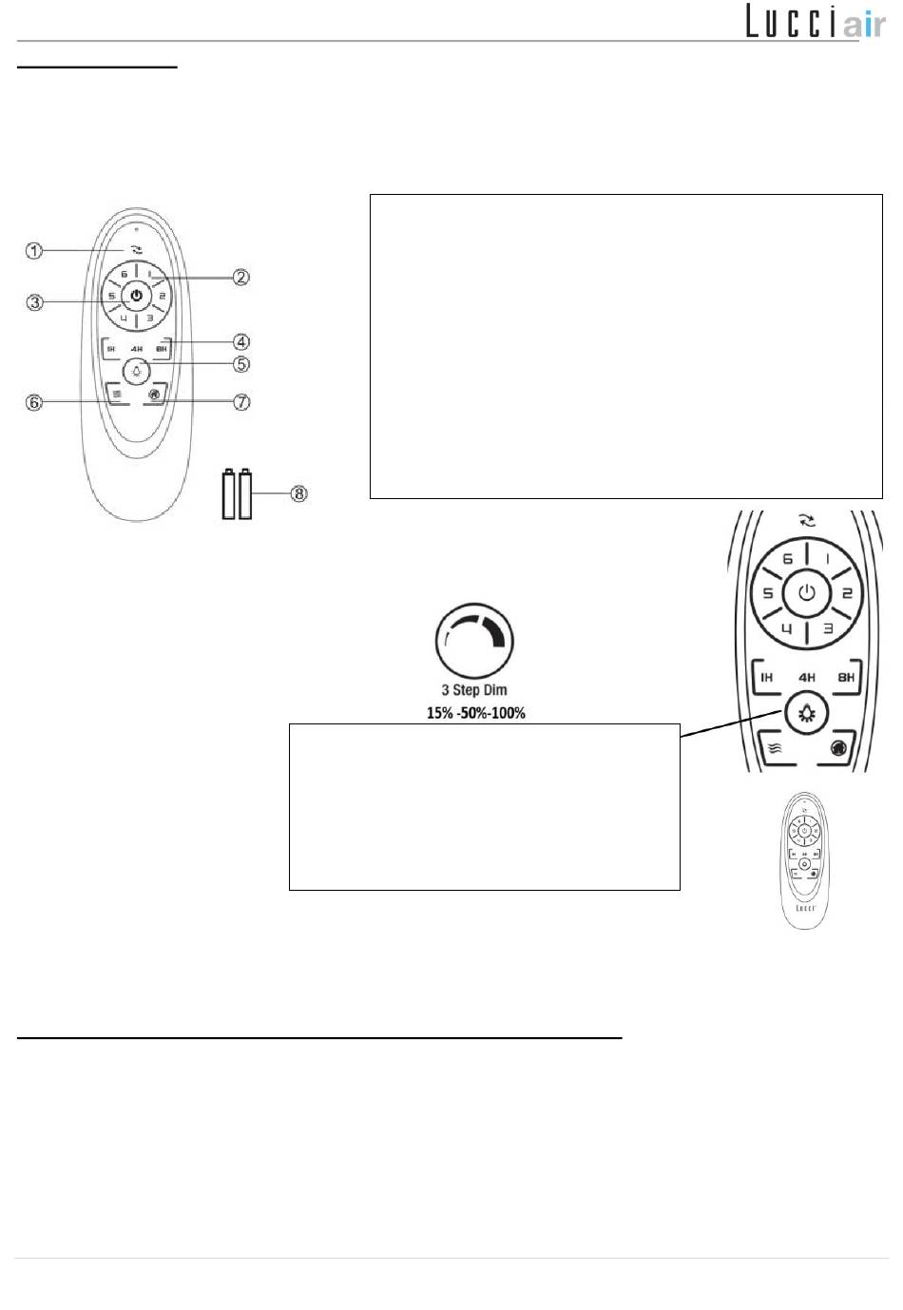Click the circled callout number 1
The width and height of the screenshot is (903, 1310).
[x=34, y=251]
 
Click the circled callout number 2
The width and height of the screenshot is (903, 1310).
[x=241, y=277]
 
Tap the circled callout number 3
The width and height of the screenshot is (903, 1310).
[x=34, y=303]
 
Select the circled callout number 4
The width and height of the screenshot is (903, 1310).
[x=241, y=341]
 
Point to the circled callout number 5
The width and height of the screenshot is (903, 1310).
[x=241, y=364]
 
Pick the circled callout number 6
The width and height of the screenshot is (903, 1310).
[x=34, y=402]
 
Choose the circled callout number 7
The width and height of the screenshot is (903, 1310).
[x=241, y=402]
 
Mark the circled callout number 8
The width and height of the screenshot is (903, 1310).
[x=298, y=493]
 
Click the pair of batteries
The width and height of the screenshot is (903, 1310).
[x=237, y=493]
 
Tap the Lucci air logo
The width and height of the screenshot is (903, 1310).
[x=815, y=21]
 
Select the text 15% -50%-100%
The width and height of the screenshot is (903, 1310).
[x=475, y=712]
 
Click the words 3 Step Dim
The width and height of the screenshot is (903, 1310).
[x=474, y=690]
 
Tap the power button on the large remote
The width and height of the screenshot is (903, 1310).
[x=806, y=593]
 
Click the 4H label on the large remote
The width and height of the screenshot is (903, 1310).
[x=806, y=678]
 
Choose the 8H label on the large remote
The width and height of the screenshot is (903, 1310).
[x=845, y=678]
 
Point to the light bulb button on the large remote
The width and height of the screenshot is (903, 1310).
[x=806, y=713]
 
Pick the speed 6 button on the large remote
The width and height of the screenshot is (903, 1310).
[x=787, y=560]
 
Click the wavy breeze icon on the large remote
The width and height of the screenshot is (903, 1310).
[x=775, y=747]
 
